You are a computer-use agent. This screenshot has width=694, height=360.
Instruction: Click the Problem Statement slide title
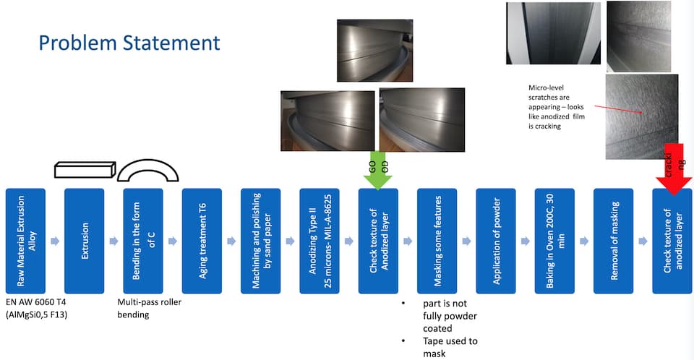(129, 42)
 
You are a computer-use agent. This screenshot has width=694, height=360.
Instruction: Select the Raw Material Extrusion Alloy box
(25, 241)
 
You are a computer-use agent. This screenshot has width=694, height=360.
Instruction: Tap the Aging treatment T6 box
(202, 241)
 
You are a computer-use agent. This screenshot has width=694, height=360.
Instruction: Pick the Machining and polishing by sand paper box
(260, 241)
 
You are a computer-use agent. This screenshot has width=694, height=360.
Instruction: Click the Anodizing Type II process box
(320, 241)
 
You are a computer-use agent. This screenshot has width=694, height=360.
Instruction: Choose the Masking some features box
(437, 241)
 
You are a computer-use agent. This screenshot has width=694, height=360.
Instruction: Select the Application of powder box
(496, 241)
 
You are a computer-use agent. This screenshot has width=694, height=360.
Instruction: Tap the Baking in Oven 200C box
(554, 241)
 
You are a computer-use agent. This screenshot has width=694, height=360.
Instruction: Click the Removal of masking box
(613, 241)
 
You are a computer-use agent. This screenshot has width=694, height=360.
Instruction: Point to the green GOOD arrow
(378, 171)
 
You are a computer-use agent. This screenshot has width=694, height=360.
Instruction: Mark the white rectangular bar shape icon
(85, 169)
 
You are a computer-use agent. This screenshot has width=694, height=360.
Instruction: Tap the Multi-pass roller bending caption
(149, 308)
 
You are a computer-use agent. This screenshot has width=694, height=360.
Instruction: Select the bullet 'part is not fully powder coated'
(448, 315)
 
